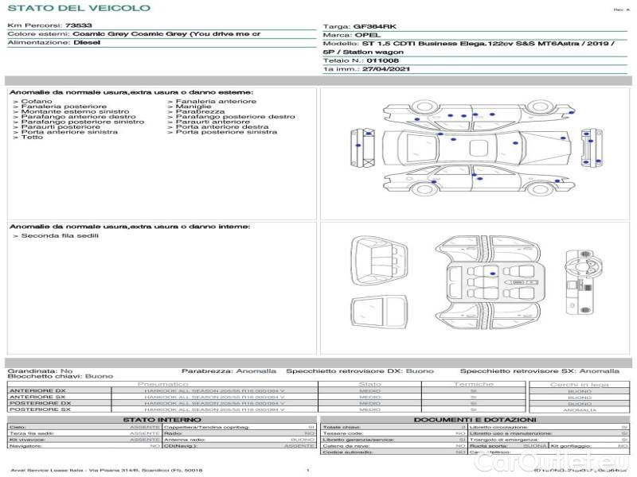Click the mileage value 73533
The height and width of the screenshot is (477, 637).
tap(76, 25)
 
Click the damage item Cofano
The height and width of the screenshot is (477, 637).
tap(37, 102)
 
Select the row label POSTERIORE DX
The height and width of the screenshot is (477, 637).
tap(39, 403)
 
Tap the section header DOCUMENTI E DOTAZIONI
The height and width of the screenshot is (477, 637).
tap(475, 419)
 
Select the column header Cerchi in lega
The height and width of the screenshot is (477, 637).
tap(579, 385)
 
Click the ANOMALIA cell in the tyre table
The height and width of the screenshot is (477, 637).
tap(579, 409)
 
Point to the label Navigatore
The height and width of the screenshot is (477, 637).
tap(27, 446)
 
